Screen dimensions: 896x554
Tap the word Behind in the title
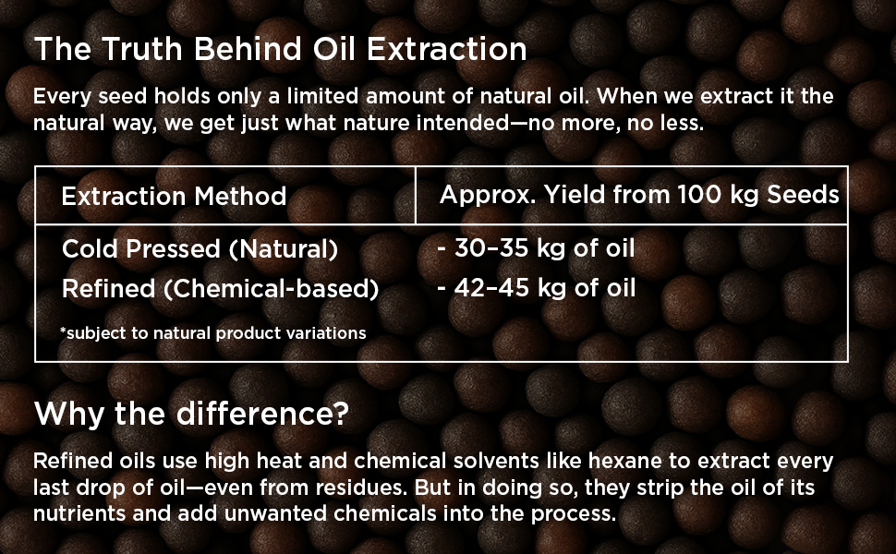click(x=248, y=49)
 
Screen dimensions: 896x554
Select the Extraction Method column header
click(x=174, y=196)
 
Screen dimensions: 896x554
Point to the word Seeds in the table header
click(x=803, y=194)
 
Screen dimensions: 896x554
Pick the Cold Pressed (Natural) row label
click(x=200, y=248)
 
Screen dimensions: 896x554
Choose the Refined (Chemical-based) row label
click(x=220, y=288)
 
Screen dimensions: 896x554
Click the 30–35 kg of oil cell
click(x=536, y=247)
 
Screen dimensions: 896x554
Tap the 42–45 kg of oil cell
click(x=536, y=287)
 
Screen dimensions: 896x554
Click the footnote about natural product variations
click(x=213, y=333)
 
